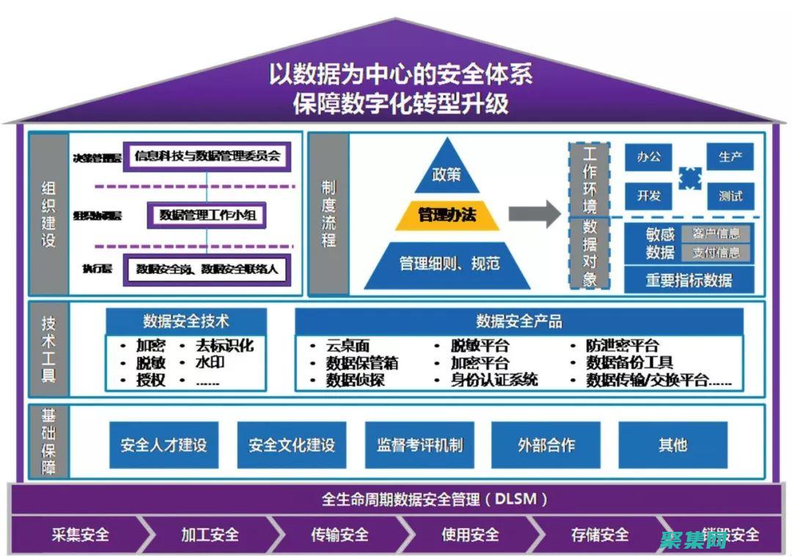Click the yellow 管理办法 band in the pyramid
(x=447, y=215)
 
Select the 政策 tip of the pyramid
(x=447, y=175)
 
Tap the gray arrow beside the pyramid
(x=535, y=214)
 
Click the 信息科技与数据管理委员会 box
(x=207, y=156)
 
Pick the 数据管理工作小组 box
(x=206, y=215)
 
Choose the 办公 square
(x=649, y=157)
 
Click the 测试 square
(x=730, y=196)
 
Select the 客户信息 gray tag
(x=716, y=234)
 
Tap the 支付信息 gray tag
(x=716, y=253)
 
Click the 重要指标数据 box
(x=689, y=279)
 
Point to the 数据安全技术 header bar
(x=186, y=321)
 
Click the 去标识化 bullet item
(x=224, y=345)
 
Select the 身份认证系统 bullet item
(x=494, y=379)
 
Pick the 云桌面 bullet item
(x=348, y=345)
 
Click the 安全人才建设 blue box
(x=164, y=445)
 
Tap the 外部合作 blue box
(x=546, y=445)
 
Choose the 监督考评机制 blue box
(x=419, y=445)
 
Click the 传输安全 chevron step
(x=340, y=535)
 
